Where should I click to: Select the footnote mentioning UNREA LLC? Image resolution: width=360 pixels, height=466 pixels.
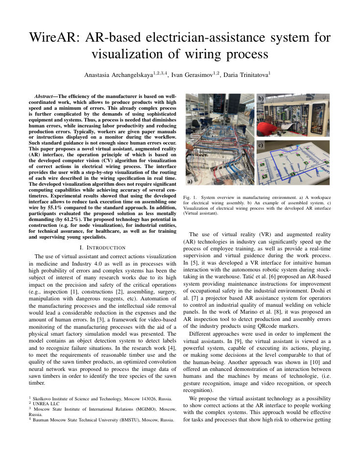tap(46, 403)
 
